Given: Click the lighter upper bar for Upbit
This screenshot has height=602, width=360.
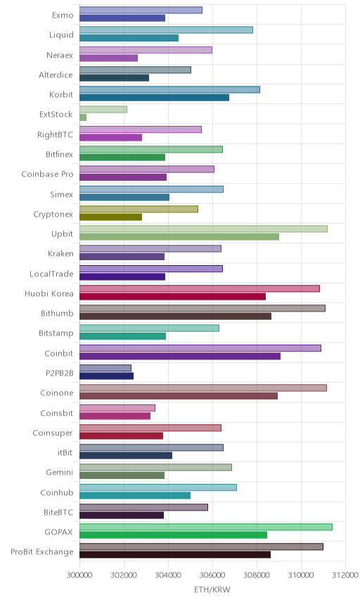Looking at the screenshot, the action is [203, 229].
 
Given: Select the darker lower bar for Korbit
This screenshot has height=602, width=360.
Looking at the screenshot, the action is [154, 98].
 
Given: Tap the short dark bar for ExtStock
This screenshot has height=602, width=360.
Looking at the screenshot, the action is [83, 117].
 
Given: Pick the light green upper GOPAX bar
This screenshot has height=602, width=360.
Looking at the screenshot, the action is [206, 527].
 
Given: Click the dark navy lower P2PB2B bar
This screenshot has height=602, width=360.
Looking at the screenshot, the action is [107, 376].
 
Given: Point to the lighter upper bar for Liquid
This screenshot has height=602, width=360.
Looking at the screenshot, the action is [166, 30].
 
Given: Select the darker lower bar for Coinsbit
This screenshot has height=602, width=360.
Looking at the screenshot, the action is [115, 416].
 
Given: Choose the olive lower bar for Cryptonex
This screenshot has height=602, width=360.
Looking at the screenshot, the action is [111, 217].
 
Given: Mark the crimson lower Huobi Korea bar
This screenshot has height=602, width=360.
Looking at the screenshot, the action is [173, 296].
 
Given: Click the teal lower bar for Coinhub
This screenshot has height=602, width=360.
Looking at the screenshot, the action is [135, 495].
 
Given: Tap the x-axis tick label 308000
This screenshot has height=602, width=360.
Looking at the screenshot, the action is [257, 575].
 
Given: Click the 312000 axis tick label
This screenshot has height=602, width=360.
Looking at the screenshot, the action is [345, 575].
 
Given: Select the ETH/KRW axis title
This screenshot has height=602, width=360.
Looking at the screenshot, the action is [212, 590].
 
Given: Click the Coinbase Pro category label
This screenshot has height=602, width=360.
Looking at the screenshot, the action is [47, 174].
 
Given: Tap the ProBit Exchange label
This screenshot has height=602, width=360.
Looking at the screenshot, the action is [41, 551].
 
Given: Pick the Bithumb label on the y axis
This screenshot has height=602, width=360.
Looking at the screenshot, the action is [57, 313].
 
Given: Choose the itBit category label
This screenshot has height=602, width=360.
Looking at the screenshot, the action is [65, 452].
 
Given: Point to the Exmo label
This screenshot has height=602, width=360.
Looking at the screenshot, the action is [63, 15].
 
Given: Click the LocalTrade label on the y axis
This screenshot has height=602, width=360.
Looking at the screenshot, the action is [51, 274].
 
